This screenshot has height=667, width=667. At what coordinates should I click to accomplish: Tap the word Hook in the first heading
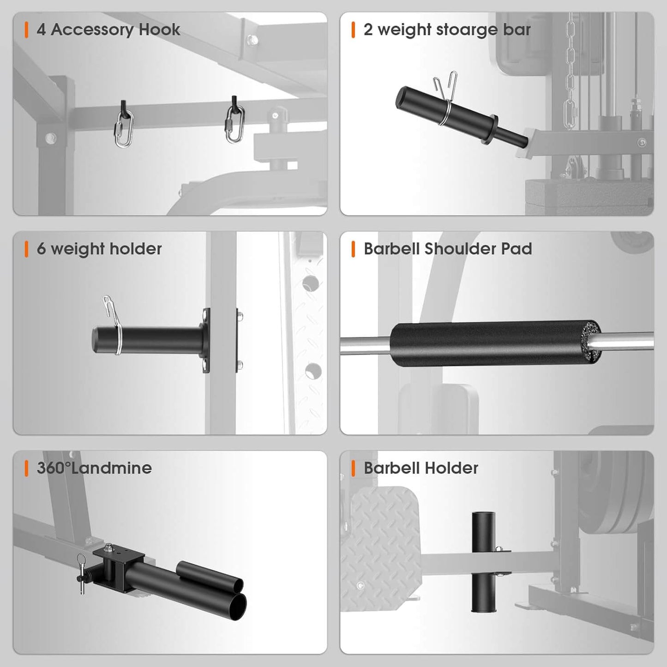click(159, 30)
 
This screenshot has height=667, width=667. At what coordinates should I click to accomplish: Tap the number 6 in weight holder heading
click(41, 249)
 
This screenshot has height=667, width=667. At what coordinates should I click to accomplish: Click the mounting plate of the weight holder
click(206, 340)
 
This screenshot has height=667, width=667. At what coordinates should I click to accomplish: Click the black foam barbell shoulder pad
click(489, 344)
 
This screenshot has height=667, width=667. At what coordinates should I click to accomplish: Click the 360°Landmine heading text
click(94, 468)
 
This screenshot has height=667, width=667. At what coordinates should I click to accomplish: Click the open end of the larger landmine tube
click(237, 606)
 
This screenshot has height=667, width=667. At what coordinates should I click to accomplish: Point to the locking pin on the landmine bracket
click(82, 575)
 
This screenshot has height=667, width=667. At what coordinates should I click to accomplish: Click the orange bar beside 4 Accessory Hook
click(26, 30)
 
